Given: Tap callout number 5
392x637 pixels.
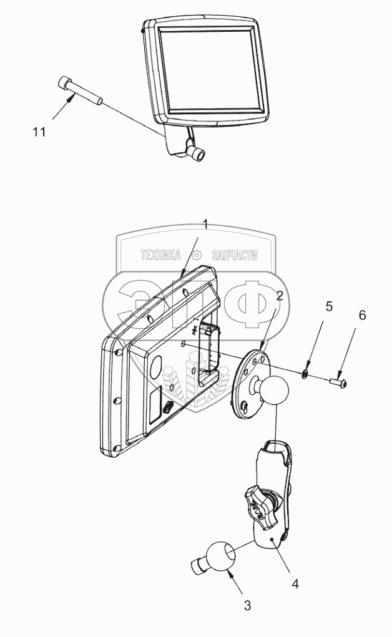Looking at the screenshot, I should click(329, 307).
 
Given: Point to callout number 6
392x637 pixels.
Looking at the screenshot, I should click(362, 316).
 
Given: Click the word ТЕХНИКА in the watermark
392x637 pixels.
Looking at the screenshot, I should click(160, 255).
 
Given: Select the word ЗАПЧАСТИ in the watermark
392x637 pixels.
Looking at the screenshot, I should click(235, 255).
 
